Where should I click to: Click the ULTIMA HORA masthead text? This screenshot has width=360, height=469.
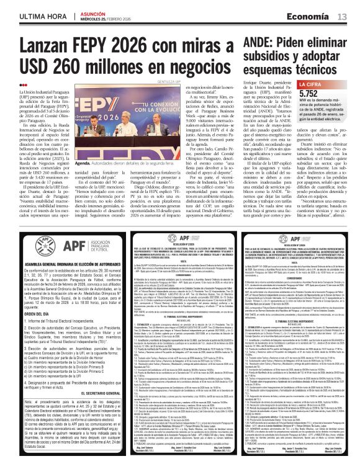pos(29,14)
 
